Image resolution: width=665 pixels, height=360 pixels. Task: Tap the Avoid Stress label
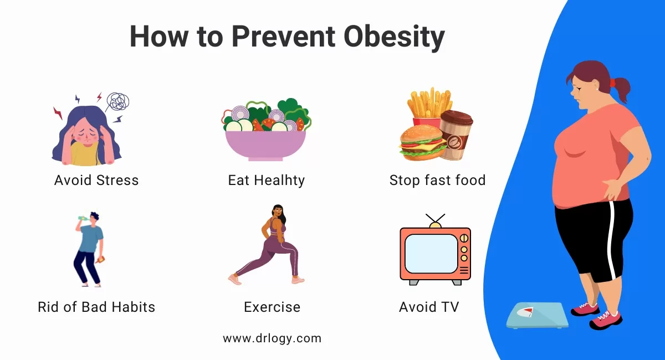[96, 180]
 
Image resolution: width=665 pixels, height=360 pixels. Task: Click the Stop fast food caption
[437, 180]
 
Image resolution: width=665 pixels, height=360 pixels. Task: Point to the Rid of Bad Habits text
[96, 307]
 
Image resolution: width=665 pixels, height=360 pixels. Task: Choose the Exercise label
[272, 307]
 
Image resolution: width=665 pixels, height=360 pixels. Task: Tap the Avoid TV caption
[429, 307]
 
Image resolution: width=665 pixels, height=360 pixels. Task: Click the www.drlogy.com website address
[272, 338]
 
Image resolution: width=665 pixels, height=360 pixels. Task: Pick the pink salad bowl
[265, 145]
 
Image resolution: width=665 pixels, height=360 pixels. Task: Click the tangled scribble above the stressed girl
[117, 102]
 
